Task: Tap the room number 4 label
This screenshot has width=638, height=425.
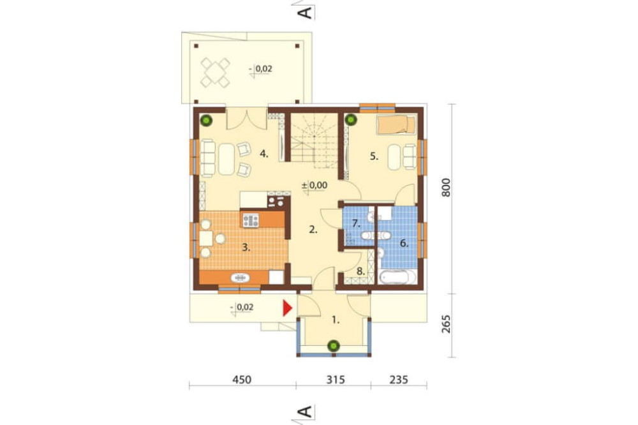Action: click(x=265, y=154)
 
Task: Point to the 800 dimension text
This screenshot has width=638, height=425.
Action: click(x=447, y=188)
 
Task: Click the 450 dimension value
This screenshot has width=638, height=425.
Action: click(x=242, y=380)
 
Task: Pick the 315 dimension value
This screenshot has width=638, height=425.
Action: click(x=336, y=380)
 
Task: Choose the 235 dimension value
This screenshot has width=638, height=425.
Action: click(x=399, y=380)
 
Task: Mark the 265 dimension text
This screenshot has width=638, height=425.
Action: click(x=447, y=324)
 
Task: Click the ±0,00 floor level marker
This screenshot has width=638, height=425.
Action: click(x=315, y=185)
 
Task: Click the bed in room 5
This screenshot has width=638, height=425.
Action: click(x=396, y=124)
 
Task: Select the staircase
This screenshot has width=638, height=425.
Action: click(x=314, y=140)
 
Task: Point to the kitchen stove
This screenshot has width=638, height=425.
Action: click(x=251, y=220)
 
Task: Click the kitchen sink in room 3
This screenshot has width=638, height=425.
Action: click(x=240, y=278)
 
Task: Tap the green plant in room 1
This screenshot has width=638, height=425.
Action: click(x=334, y=346)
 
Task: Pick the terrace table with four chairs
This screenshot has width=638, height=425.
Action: click(x=215, y=73)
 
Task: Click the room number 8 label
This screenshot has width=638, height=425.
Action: click(x=360, y=271)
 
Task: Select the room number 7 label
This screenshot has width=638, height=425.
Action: click(x=356, y=223)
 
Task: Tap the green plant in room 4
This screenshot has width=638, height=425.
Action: click(x=207, y=120)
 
